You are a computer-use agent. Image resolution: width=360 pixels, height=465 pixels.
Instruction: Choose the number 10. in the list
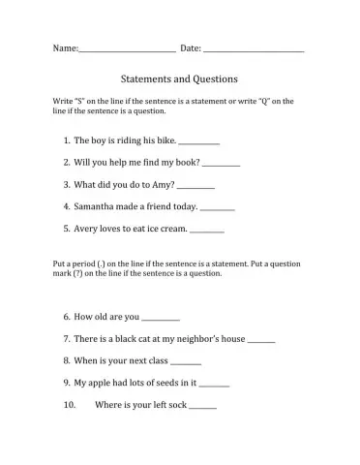click(69, 405)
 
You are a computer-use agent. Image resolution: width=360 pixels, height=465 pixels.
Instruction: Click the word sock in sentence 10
click(175, 405)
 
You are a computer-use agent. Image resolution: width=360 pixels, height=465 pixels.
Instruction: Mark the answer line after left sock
click(203, 408)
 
